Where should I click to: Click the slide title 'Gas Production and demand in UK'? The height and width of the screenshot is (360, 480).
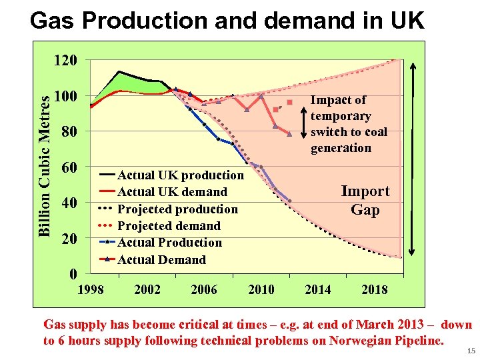pyautogui.click(x=227, y=21)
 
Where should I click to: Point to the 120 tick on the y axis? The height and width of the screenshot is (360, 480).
pyautogui.click(x=65, y=60)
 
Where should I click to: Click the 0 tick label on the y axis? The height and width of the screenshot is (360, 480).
pyautogui.click(x=73, y=273)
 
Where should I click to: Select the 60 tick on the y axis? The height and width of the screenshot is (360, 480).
pyautogui.click(x=69, y=167)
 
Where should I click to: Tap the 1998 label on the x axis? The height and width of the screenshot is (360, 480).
pyautogui.click(x=91, y=289)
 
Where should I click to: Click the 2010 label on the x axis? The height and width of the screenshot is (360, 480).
pyautogui.click(x=261, y=289)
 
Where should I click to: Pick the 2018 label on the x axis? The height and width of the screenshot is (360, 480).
pyautogui.click(x=374, y=289)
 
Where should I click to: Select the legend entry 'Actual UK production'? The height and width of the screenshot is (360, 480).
pyautogui.click(x=180, y=175)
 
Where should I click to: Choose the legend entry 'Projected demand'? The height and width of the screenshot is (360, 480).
pyautogui.click(x=168, y=226)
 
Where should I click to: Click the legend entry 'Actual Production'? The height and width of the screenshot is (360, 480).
pyautogui.click(x=169, y=243)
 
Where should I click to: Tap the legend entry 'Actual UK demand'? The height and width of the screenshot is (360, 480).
pyautogui.click(x=172, y=192)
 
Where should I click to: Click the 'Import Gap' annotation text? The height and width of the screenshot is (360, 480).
pyautogui.click(x=365, y=201)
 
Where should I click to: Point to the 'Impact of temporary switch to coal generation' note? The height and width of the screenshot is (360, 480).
pyautogui.click(x=348, y=124)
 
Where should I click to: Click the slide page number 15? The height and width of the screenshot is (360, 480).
pyautogui.click(x=471, y=351)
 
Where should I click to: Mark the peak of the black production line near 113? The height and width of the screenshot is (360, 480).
pyautogui.click(x=119, y=71)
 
